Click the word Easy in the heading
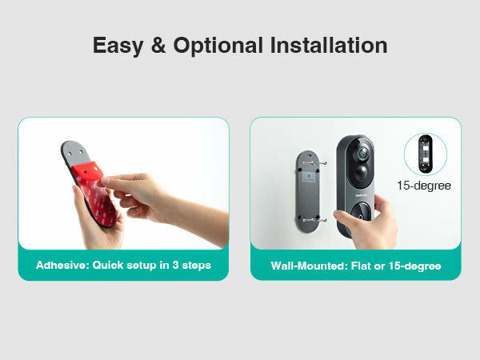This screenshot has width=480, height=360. click(x=118, y=46)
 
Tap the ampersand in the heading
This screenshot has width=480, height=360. click(x=158, y=45)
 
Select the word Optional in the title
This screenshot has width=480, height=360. click(x=218, y=46)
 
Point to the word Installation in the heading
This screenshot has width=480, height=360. click(x=329, y=45)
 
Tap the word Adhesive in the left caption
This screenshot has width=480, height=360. click(x=62, y=265)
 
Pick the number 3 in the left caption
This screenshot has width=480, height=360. click(x=175, y=265)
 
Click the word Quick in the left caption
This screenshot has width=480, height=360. click(x=108, y=265)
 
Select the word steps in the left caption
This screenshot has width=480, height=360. click(x=197, y=266)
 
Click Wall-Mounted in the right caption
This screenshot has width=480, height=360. click(x=309, y=266)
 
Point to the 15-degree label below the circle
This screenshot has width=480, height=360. click(x=424, y=186)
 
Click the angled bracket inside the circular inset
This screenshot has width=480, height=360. click(x=426, y=154)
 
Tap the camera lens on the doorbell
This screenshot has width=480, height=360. click(x=362, y=152)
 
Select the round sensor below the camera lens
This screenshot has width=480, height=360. click(x=362, y=173)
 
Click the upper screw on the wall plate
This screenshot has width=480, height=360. click(x=314, y=163)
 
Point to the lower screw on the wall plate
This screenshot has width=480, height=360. click(x=314, y=220)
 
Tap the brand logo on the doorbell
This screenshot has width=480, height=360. click(x=360, y=195)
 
